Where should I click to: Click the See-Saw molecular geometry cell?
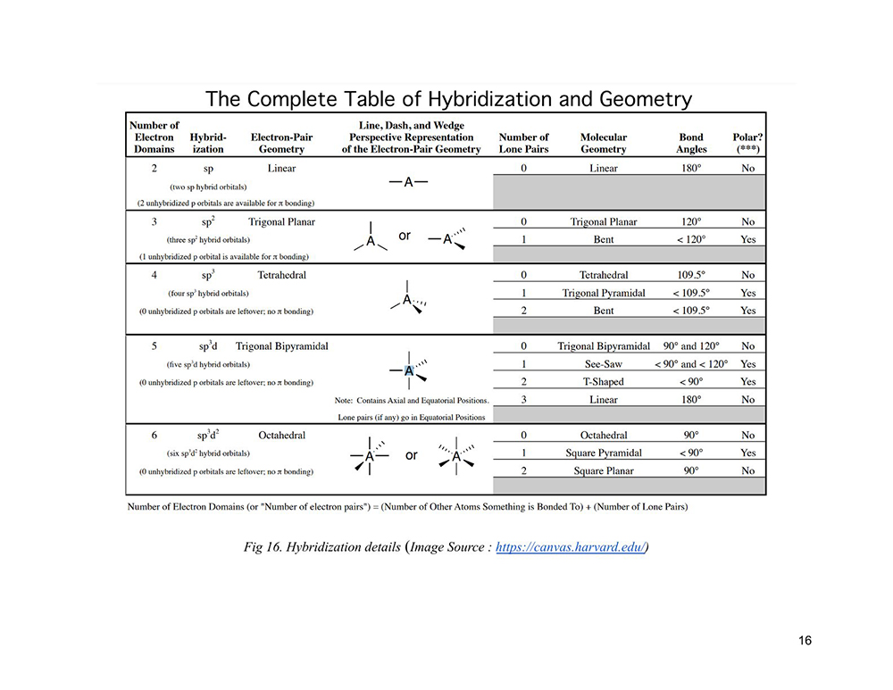tap(604, 364)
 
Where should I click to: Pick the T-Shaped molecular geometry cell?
tap(604, 382)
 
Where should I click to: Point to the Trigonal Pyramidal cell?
tap(604, 293)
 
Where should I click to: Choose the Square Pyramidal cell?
tap(604, 453)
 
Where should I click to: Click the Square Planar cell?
tap(604, 470)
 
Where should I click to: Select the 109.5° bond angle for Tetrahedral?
tap(691, 275)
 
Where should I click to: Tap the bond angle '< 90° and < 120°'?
tap(691, 364)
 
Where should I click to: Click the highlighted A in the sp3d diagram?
tap(408, 370)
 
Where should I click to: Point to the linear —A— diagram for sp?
tap(408, 183)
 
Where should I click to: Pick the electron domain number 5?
tap(154, 346)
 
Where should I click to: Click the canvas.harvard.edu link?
tap(571, 547)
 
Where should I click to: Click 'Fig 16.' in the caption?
tap(263, 547)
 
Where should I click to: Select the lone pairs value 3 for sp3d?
tap(523, 400)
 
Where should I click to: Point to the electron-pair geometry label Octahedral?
tap(282, 436)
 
